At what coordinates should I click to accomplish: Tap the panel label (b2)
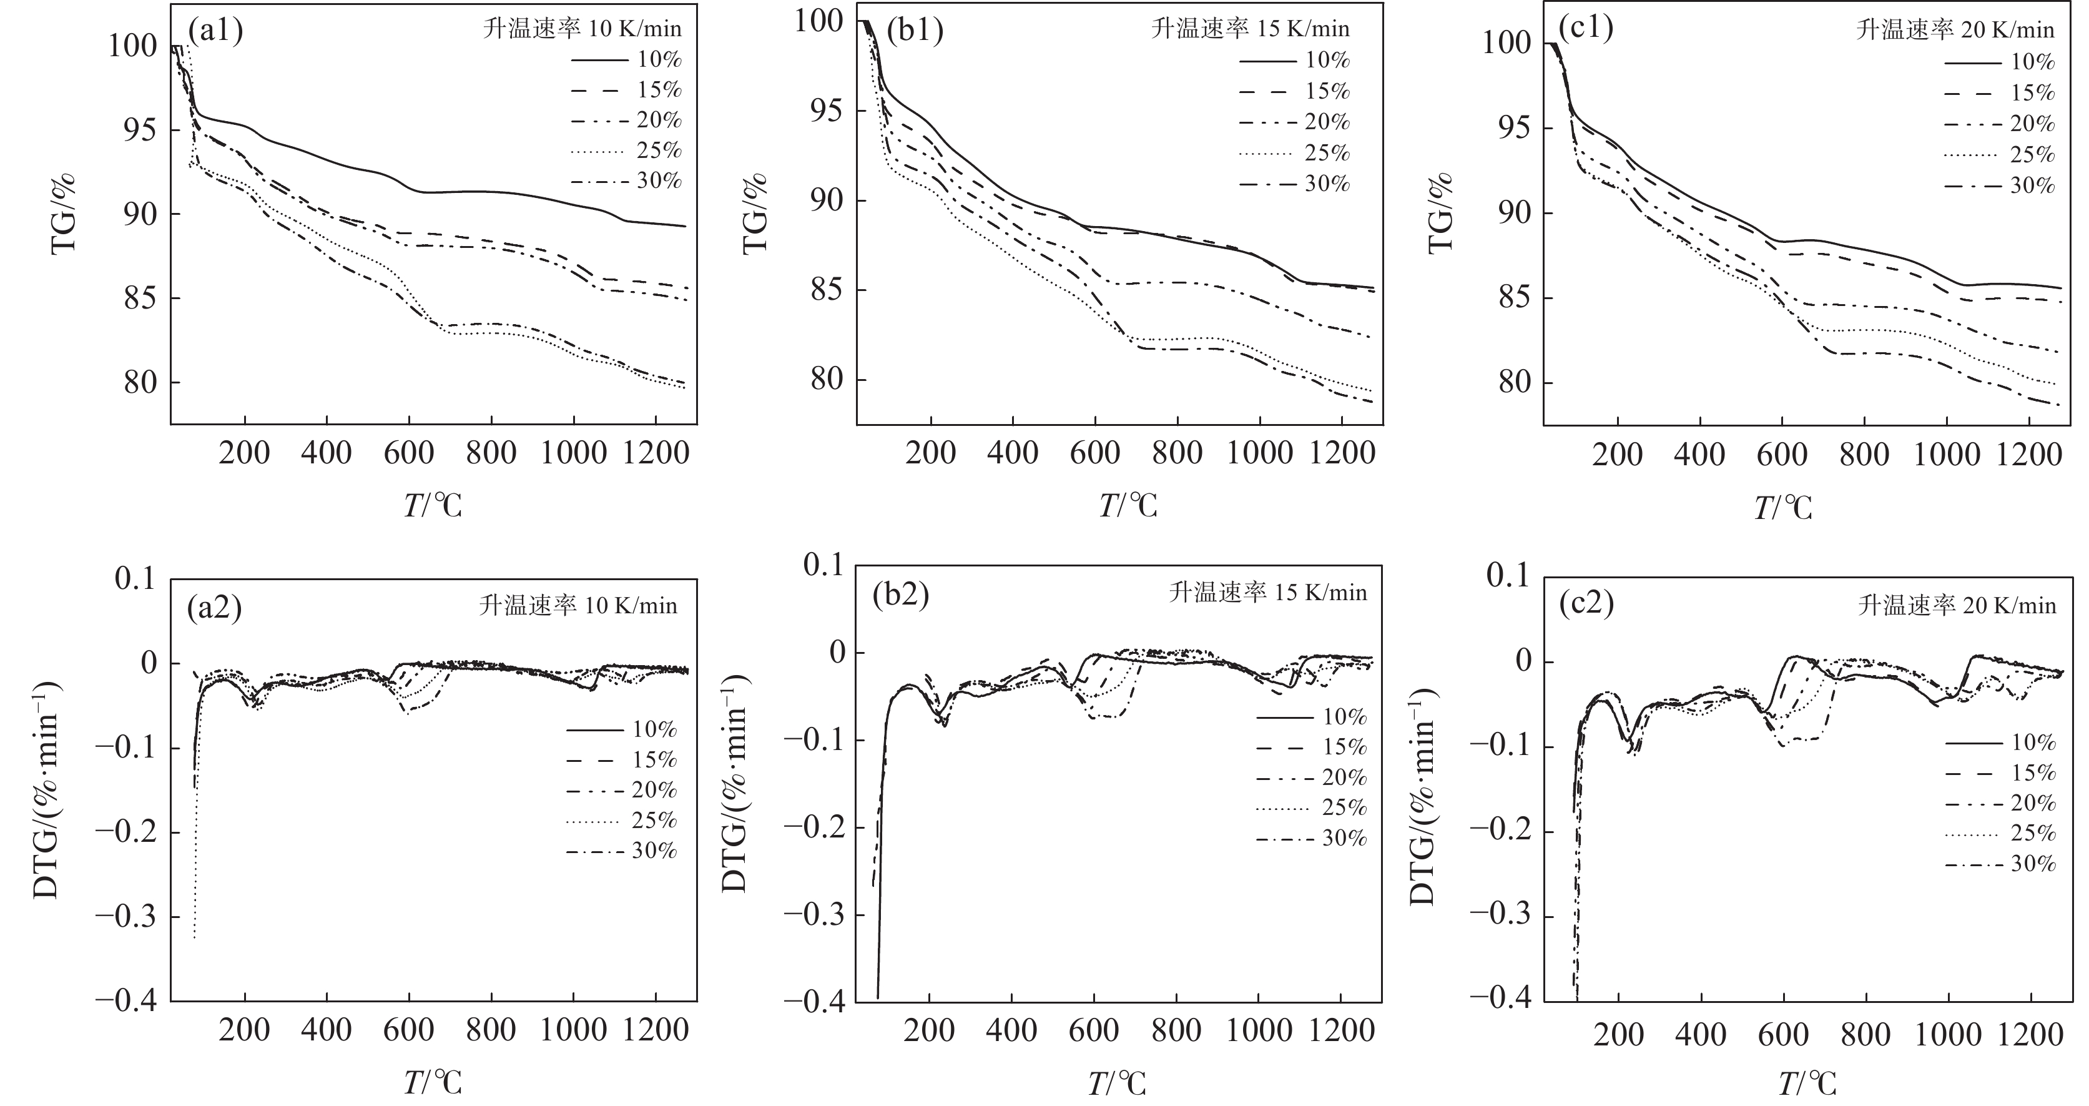click(900, 596)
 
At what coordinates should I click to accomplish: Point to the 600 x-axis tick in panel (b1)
click(1095, 452)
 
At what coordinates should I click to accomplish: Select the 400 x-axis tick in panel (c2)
click(1701, 1035)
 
